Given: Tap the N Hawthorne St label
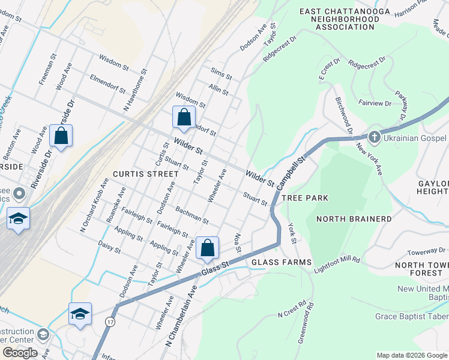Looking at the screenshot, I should pyautogui.click(x=134, y=91).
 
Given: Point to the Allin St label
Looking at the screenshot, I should pyautogui.click(x=218, y=90).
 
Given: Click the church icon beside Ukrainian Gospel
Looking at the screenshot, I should pyautogui.click(x=373, y=137).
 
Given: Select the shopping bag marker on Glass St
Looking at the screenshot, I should pyautogui.click(x=207, y=248).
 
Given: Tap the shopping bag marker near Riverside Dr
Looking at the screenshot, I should pyautogui.click(x=61, y=136).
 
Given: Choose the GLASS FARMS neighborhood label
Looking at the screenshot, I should pyautogui.click(x=282, y=262).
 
